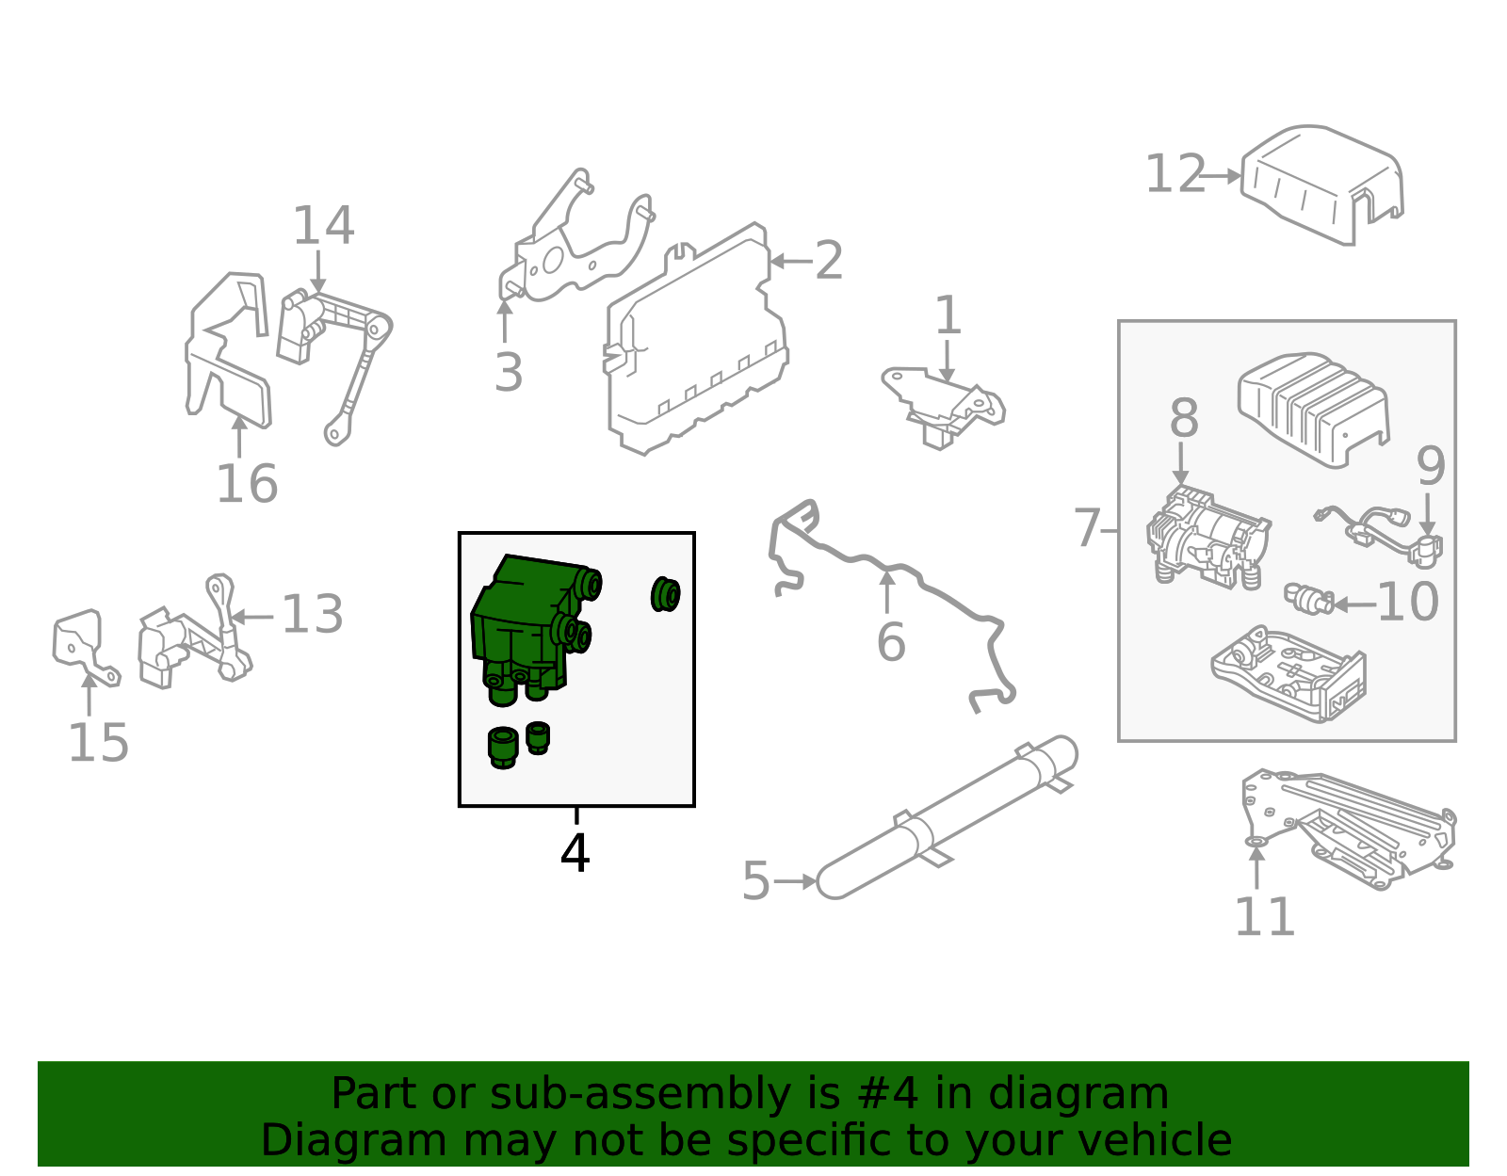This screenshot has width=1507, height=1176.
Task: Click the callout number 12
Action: point(1175,175)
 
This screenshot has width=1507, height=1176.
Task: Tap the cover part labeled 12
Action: point(1319,184)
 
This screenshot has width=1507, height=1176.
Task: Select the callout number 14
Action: point(323,227)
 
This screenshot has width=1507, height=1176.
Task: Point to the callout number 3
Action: point(509,374)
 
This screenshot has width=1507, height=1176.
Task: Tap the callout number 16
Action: point(247,485)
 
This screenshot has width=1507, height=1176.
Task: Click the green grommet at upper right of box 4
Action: point(665,594)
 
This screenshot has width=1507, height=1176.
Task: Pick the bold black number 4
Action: point(575,853)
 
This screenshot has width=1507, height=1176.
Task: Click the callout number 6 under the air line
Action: point(890,643)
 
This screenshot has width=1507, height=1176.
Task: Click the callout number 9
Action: point(1430,467)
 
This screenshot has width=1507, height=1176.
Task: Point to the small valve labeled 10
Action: point(1308,598)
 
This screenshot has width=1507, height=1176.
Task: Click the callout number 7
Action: point(1087,529)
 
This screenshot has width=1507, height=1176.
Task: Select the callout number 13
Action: point(312,616)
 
